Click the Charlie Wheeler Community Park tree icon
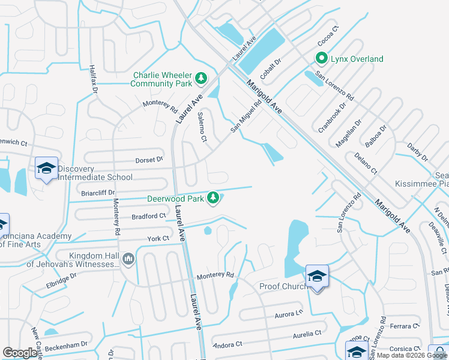pos(201,78)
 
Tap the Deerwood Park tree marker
pos(212,197)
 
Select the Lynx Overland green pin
pos(321,59)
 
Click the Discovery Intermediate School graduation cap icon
pos(46,169)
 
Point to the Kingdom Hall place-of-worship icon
pos(128,259)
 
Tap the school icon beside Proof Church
pos(317,276)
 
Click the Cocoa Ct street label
pos(328,40)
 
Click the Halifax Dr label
pos(94,79)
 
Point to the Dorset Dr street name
pos(149,160)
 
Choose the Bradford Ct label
pos(149,215)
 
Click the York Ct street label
pos(158,238)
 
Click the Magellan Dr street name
pos(349,130)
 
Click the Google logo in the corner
pos(20,353)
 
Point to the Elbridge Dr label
pos(62,281)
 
